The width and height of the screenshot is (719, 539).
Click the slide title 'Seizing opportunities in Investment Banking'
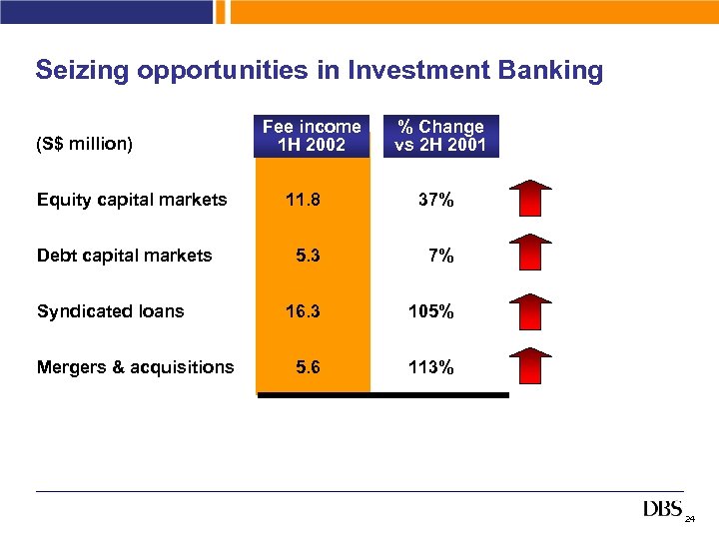pos(319,71)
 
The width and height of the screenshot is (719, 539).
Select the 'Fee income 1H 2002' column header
pos(312,136)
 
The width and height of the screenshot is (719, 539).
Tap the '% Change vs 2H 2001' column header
pos(440,136)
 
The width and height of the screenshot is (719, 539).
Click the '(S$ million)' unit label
pos(84,144)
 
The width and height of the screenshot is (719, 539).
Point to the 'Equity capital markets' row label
pos(132,200)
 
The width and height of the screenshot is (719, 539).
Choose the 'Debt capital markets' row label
pos(124,256)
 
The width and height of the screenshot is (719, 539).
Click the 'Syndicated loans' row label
pos(110,311)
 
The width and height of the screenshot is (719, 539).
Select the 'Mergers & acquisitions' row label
pos(135,367)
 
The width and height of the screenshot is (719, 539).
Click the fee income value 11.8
pos(303,200)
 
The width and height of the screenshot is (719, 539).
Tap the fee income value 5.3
pos(308,256)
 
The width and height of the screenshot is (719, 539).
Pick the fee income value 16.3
pos(303,311)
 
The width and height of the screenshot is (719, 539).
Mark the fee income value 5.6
pos(308,367)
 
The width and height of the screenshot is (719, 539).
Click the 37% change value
pos(435,200)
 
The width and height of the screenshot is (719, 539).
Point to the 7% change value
pos(440,256)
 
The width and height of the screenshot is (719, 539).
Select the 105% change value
pos(430,311)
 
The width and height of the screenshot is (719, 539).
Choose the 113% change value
pos(430,367)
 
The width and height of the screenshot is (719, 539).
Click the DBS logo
pos(662,510)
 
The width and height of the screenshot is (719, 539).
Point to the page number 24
pos(690,520)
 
